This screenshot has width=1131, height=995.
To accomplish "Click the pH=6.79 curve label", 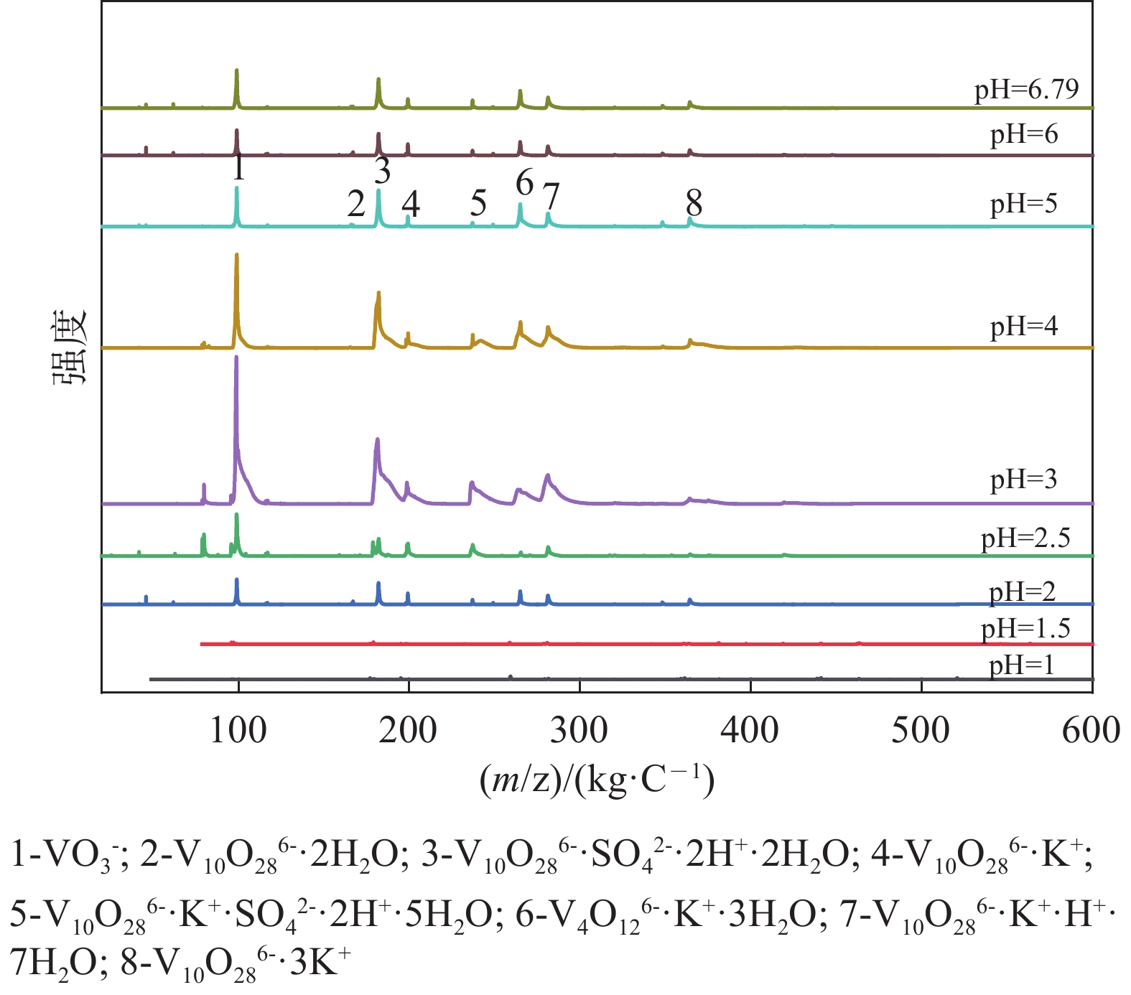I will tap(1026, 90).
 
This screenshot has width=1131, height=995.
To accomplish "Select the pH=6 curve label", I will tap(1024, 134).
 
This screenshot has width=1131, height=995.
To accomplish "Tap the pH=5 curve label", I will tap(1024, 204).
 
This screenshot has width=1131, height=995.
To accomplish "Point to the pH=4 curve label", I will tap(1024, 327).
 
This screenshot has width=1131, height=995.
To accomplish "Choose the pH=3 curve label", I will tap(1024, 479).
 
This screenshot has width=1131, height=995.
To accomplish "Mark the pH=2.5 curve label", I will tap(1025, 538).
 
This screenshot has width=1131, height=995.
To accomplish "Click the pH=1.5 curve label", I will tap(1025, 629).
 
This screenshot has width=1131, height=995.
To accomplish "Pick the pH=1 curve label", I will tap(1022, 665).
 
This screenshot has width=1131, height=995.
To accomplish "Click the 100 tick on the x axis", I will tap(238, 731).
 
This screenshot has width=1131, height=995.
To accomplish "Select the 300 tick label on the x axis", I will tap(580, 731).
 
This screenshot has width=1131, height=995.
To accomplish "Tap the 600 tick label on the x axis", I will tap(1092, 731).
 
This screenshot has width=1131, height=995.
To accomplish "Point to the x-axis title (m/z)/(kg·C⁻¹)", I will tap(597, 780).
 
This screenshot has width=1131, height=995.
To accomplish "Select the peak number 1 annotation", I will tap(238, 168).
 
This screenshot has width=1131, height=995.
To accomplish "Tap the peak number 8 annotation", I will tap(694, 202).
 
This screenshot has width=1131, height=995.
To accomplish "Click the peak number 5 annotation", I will tap(478, 203).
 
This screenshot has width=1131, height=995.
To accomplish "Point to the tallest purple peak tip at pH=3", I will tap(236, 357).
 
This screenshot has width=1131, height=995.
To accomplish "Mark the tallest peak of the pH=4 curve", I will tap(236, 255).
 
